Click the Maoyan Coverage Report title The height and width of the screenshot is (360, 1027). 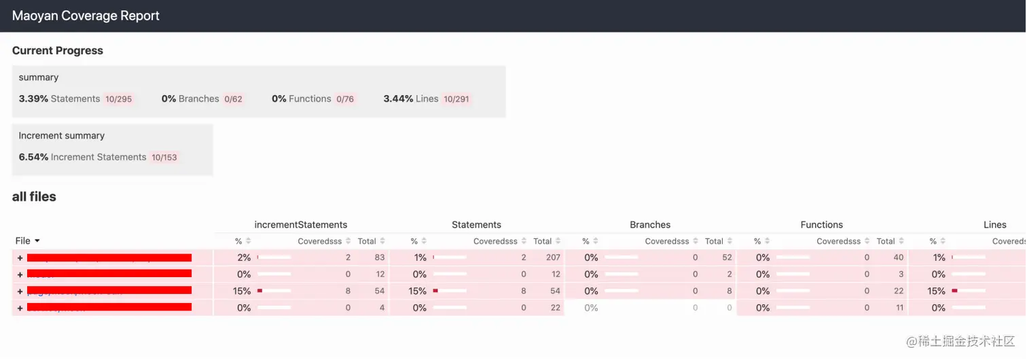(86, 16)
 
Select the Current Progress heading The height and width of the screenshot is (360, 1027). (58, 50)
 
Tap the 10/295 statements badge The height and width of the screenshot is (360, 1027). (119, 99)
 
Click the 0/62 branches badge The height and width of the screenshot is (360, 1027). (233, 99)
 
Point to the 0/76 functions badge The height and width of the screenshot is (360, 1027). (345, 99)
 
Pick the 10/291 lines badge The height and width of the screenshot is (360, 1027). (456, 99)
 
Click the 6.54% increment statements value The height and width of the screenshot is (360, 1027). (33, 157)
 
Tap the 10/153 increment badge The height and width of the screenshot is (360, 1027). (164, 158)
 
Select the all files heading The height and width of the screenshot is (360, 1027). (34, 197)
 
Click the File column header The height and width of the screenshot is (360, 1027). (27, 240)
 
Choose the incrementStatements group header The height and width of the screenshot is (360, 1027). (301, 225)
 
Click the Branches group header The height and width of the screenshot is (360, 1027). (650, 225)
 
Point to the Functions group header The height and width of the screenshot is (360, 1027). (821, 225)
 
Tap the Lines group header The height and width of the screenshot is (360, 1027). (995, 225)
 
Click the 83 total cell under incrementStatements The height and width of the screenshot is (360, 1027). (380, 257)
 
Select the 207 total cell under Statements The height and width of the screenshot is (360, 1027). (553, 257)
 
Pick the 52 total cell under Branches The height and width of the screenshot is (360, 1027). (727, 257)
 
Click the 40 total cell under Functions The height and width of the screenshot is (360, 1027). (899, 257)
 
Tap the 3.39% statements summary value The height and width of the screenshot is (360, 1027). (33, 98)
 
